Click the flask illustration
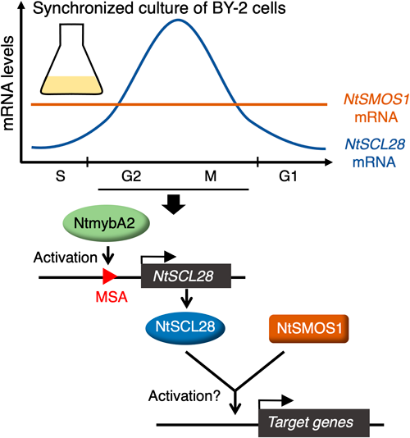click(71, 59)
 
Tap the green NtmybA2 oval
click(107, 223)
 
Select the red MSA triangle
click(110, 276)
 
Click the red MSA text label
click(112, 297)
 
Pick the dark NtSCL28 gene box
click(186, 276)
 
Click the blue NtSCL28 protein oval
click(185, 327)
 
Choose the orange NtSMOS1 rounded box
click(309, 328)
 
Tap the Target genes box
click(314, 422)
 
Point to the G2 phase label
click(131, 176)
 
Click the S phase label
click(61, 176)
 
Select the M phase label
click(210, 176)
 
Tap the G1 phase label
click(288, 176)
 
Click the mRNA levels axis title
click(8, 83)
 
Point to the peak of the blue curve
click(178, 20)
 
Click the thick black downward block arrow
click(174, 204)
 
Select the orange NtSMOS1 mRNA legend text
click(376, 108)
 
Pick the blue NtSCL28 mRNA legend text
click(375, 153)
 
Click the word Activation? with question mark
click(184, 396)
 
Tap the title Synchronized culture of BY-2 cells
click(159, 8)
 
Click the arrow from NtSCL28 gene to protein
click(187, 299)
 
